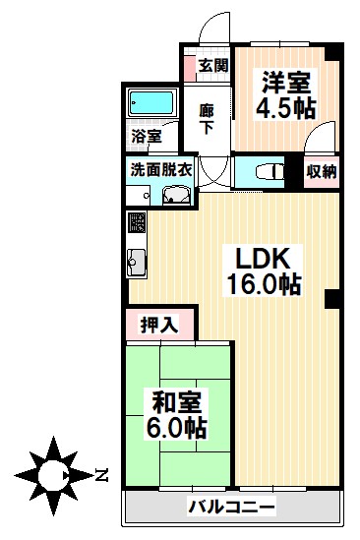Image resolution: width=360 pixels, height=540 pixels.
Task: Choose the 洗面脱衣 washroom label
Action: tap(161, 168)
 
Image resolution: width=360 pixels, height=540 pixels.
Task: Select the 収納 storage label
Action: tap(321, 171)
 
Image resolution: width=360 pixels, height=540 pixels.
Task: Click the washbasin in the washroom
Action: tap(177, 196)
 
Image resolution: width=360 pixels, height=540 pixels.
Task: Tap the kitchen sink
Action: tap(137, 264)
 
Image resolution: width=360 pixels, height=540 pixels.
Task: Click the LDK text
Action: tap(262, 259)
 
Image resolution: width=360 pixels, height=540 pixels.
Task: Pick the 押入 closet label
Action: tap(158, 325)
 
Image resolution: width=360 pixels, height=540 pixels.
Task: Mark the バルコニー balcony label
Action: tap(231, 509)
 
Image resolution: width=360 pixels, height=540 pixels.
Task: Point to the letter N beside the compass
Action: tap(102, 477)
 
